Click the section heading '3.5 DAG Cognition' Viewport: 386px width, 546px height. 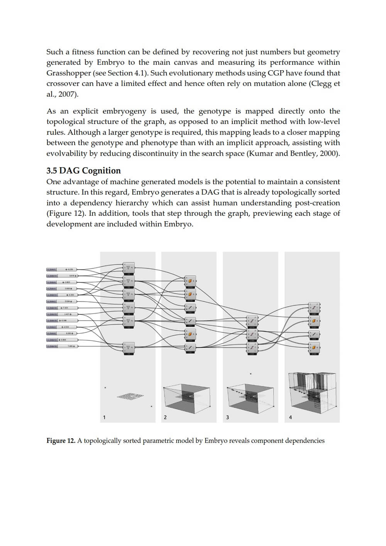[83, 171]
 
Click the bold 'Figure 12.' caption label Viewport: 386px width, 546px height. [61, 441]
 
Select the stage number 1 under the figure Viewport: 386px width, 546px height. [104, 417]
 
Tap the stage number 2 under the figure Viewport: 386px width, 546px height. [165, 417]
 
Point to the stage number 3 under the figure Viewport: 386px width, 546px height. [227, 417]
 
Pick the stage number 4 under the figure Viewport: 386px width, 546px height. [290, 417]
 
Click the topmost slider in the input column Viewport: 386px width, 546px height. [62, 269]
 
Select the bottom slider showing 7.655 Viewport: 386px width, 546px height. [62, 346]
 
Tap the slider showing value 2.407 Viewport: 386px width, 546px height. [62, 314]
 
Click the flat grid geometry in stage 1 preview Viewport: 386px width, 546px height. [130, 395]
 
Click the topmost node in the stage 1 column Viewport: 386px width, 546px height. [129, 266]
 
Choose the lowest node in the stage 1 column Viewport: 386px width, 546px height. [129, 348]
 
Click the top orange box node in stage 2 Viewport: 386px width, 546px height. [190, 281]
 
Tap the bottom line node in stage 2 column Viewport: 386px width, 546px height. [190, 347]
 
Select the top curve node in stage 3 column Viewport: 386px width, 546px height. [252, 321]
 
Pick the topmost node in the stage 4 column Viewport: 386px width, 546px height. [314, 308]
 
